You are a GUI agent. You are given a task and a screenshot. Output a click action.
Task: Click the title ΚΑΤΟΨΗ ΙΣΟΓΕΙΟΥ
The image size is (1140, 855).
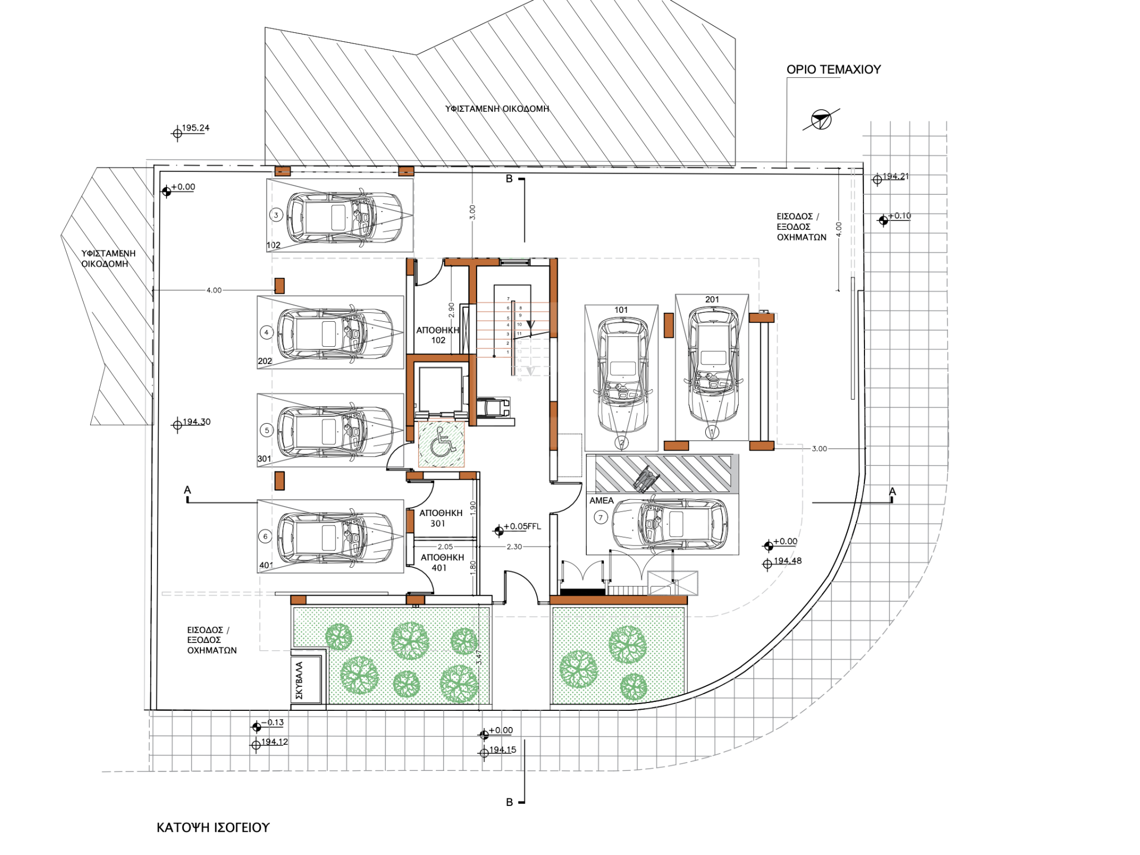213,828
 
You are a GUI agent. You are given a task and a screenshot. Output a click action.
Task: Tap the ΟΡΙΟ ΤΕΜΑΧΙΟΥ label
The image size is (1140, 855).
833,70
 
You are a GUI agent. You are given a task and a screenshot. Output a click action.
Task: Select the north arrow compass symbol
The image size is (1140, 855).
820,119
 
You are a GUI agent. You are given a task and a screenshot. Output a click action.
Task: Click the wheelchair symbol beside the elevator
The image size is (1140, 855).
441,444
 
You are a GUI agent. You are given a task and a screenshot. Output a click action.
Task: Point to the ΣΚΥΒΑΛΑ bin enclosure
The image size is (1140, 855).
306,680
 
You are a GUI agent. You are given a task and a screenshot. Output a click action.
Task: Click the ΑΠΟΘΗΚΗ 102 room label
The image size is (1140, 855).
438,335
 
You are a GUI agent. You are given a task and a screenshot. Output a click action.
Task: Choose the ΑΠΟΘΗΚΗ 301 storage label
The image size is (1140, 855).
440,518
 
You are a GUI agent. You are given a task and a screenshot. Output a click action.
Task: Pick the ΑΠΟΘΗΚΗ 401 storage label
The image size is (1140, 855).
442,562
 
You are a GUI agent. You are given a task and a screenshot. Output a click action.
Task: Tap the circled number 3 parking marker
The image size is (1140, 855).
276,215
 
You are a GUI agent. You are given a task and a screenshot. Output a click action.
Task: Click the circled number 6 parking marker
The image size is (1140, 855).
266,537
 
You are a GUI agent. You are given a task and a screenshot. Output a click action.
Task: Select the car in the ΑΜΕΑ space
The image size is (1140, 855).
670,524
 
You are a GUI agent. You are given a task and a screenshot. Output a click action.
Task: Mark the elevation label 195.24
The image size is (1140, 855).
195,128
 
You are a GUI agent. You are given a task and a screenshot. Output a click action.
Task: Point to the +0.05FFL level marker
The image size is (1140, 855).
522,527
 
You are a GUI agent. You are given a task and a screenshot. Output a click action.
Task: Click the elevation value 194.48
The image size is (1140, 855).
787,561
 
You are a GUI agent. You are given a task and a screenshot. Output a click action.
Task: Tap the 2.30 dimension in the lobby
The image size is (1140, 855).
514,547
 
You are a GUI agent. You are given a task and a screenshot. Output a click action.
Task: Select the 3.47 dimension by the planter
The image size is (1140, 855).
479,657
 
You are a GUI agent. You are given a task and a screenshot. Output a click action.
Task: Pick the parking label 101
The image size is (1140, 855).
621,310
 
